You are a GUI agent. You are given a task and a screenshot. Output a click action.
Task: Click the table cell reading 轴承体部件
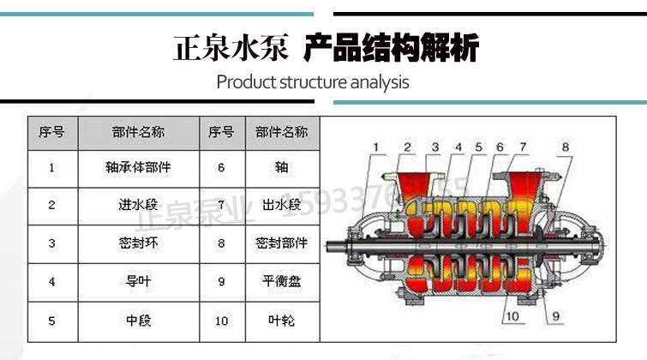tap(137, 168)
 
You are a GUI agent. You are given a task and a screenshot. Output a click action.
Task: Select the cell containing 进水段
tap(137, 205)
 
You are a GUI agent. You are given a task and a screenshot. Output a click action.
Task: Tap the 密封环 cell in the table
tap(137, 243)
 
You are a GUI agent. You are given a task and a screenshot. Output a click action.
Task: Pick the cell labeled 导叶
tap(137, 281)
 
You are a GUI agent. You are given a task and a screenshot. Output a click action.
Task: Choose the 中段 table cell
tap(137, 321)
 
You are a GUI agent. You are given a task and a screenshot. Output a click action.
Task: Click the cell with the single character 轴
tap(281, 168)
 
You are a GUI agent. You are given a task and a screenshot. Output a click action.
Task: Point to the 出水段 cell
tap(281, 205)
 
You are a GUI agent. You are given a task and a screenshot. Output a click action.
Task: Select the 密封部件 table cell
tap(281, 243)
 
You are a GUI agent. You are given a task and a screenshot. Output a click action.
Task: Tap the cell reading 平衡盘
tap(281, 281)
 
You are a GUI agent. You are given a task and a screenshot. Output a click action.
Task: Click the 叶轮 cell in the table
tap(281, 321)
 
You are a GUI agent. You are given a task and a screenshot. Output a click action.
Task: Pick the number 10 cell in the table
tap(221, 321)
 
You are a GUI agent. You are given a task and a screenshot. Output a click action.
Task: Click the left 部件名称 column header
tap(137, 133)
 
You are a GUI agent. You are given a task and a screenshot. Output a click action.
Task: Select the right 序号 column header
tap(221, 133)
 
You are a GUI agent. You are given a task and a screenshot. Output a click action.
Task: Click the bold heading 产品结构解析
tap(391, 47)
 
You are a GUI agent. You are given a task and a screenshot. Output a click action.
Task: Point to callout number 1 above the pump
tap(374, 147)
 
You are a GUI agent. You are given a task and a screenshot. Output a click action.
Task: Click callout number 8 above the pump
tap(565, 147)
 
